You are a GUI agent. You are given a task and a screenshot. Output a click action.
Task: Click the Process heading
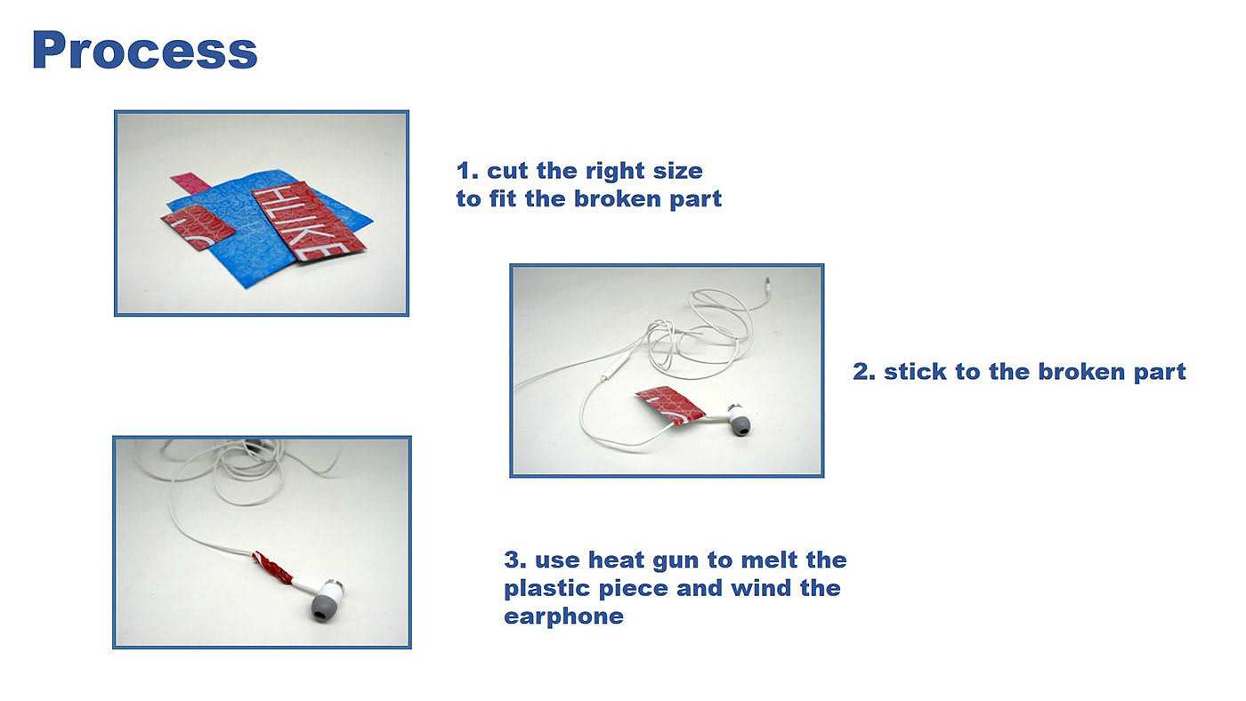click(144, 50)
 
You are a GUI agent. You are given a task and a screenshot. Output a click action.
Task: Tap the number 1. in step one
click(467, 171)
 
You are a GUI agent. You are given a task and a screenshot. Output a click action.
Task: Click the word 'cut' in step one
click(508, 171)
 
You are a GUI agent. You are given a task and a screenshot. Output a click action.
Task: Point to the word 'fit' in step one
click(503, 198)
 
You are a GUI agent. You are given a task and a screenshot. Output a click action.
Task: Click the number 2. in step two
click(864, 371)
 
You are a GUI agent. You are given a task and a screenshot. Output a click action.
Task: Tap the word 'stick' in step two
click(915, 371)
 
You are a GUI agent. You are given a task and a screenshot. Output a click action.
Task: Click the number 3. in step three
click(515, 560)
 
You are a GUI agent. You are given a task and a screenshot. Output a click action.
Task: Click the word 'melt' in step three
click(769, 560)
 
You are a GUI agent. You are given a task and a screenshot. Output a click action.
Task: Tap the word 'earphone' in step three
click(563, 617)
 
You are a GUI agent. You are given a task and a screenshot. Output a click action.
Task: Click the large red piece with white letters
click(308, 221)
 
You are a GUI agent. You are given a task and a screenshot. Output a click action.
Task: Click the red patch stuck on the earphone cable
click(669, 405)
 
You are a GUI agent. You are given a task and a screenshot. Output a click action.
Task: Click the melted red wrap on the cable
click(272, 567)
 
